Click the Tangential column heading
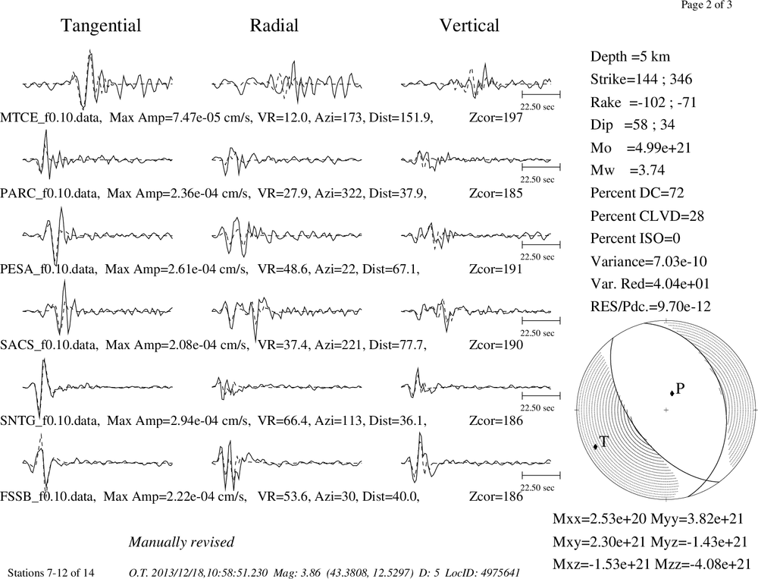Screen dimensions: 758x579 click(101, 26)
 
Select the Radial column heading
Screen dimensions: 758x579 click(274, 26)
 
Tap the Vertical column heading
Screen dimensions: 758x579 click(469, 26)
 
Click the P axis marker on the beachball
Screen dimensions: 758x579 click(672, 393)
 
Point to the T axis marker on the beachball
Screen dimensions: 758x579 click(596, 446)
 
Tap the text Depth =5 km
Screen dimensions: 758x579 click(630, 57)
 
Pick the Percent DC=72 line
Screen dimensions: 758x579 click(637, 194)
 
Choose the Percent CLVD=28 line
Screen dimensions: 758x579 click(647, 216)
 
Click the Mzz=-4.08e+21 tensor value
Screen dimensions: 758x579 click(703, 564)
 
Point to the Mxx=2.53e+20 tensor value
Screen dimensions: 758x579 click(600, 519)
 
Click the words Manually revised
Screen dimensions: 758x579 click(181, 543)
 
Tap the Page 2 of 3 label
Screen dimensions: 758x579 click(706, 5)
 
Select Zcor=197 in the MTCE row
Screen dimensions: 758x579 click(496, 118)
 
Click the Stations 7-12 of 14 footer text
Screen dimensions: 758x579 click(52, 573)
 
